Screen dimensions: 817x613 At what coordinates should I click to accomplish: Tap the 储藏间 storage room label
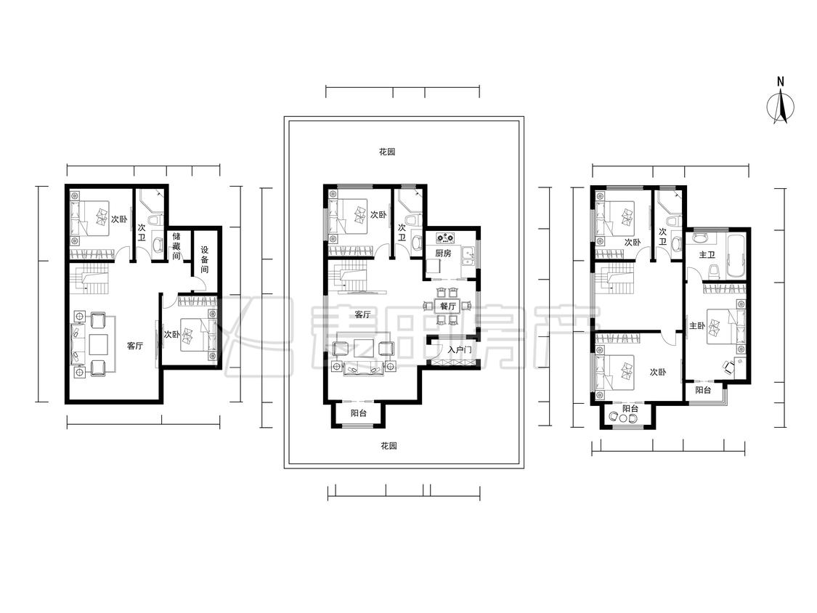176,245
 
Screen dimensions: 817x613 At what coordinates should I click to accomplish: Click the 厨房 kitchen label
444,253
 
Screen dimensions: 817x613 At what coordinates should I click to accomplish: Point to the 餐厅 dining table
447,306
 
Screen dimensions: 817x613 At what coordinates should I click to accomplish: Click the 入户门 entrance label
460,350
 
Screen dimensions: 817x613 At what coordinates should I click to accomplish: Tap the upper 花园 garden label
387,152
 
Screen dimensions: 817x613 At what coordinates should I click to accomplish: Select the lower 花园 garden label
389,446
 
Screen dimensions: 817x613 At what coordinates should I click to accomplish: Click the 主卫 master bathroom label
707,254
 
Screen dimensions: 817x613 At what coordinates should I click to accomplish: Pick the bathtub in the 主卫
736,256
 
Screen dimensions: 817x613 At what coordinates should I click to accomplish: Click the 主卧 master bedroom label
697,326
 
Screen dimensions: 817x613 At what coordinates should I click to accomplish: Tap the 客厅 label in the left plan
136,345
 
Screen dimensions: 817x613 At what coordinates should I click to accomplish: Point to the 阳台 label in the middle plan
359,413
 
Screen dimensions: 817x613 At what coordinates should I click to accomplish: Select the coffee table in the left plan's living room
98,344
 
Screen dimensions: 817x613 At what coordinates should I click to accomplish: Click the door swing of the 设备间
199,283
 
